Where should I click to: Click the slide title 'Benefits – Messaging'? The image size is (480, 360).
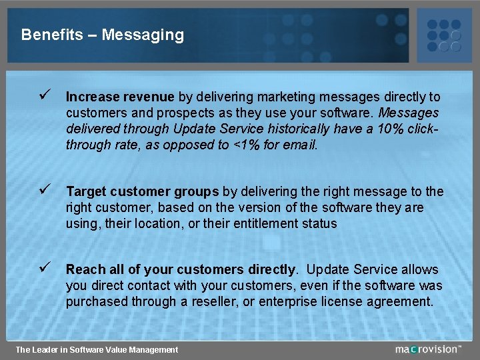102,35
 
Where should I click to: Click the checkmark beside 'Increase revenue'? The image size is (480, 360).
44,97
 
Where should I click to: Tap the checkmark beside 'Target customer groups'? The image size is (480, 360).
44,191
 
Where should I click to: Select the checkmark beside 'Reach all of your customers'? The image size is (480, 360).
44,269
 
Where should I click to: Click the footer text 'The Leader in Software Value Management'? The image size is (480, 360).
97,350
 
